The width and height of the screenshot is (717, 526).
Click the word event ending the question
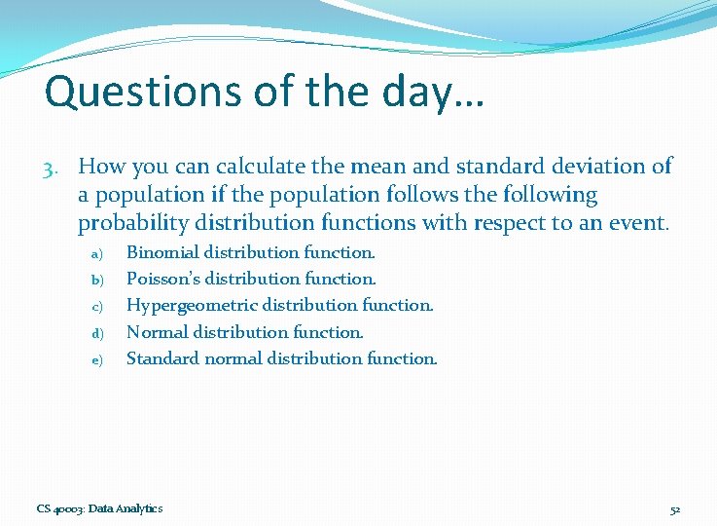pos(638,224)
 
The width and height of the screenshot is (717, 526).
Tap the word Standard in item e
pos(161,358)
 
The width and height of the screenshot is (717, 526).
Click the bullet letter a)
pos(96,254)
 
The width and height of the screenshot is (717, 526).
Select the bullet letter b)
pos(96,281)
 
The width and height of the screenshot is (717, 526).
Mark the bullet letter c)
pos(96,307)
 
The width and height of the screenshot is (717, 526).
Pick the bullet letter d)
pos(96,333)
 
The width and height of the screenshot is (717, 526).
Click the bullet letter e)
pos(96,360)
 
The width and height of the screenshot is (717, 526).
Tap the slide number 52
pos(675,508)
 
